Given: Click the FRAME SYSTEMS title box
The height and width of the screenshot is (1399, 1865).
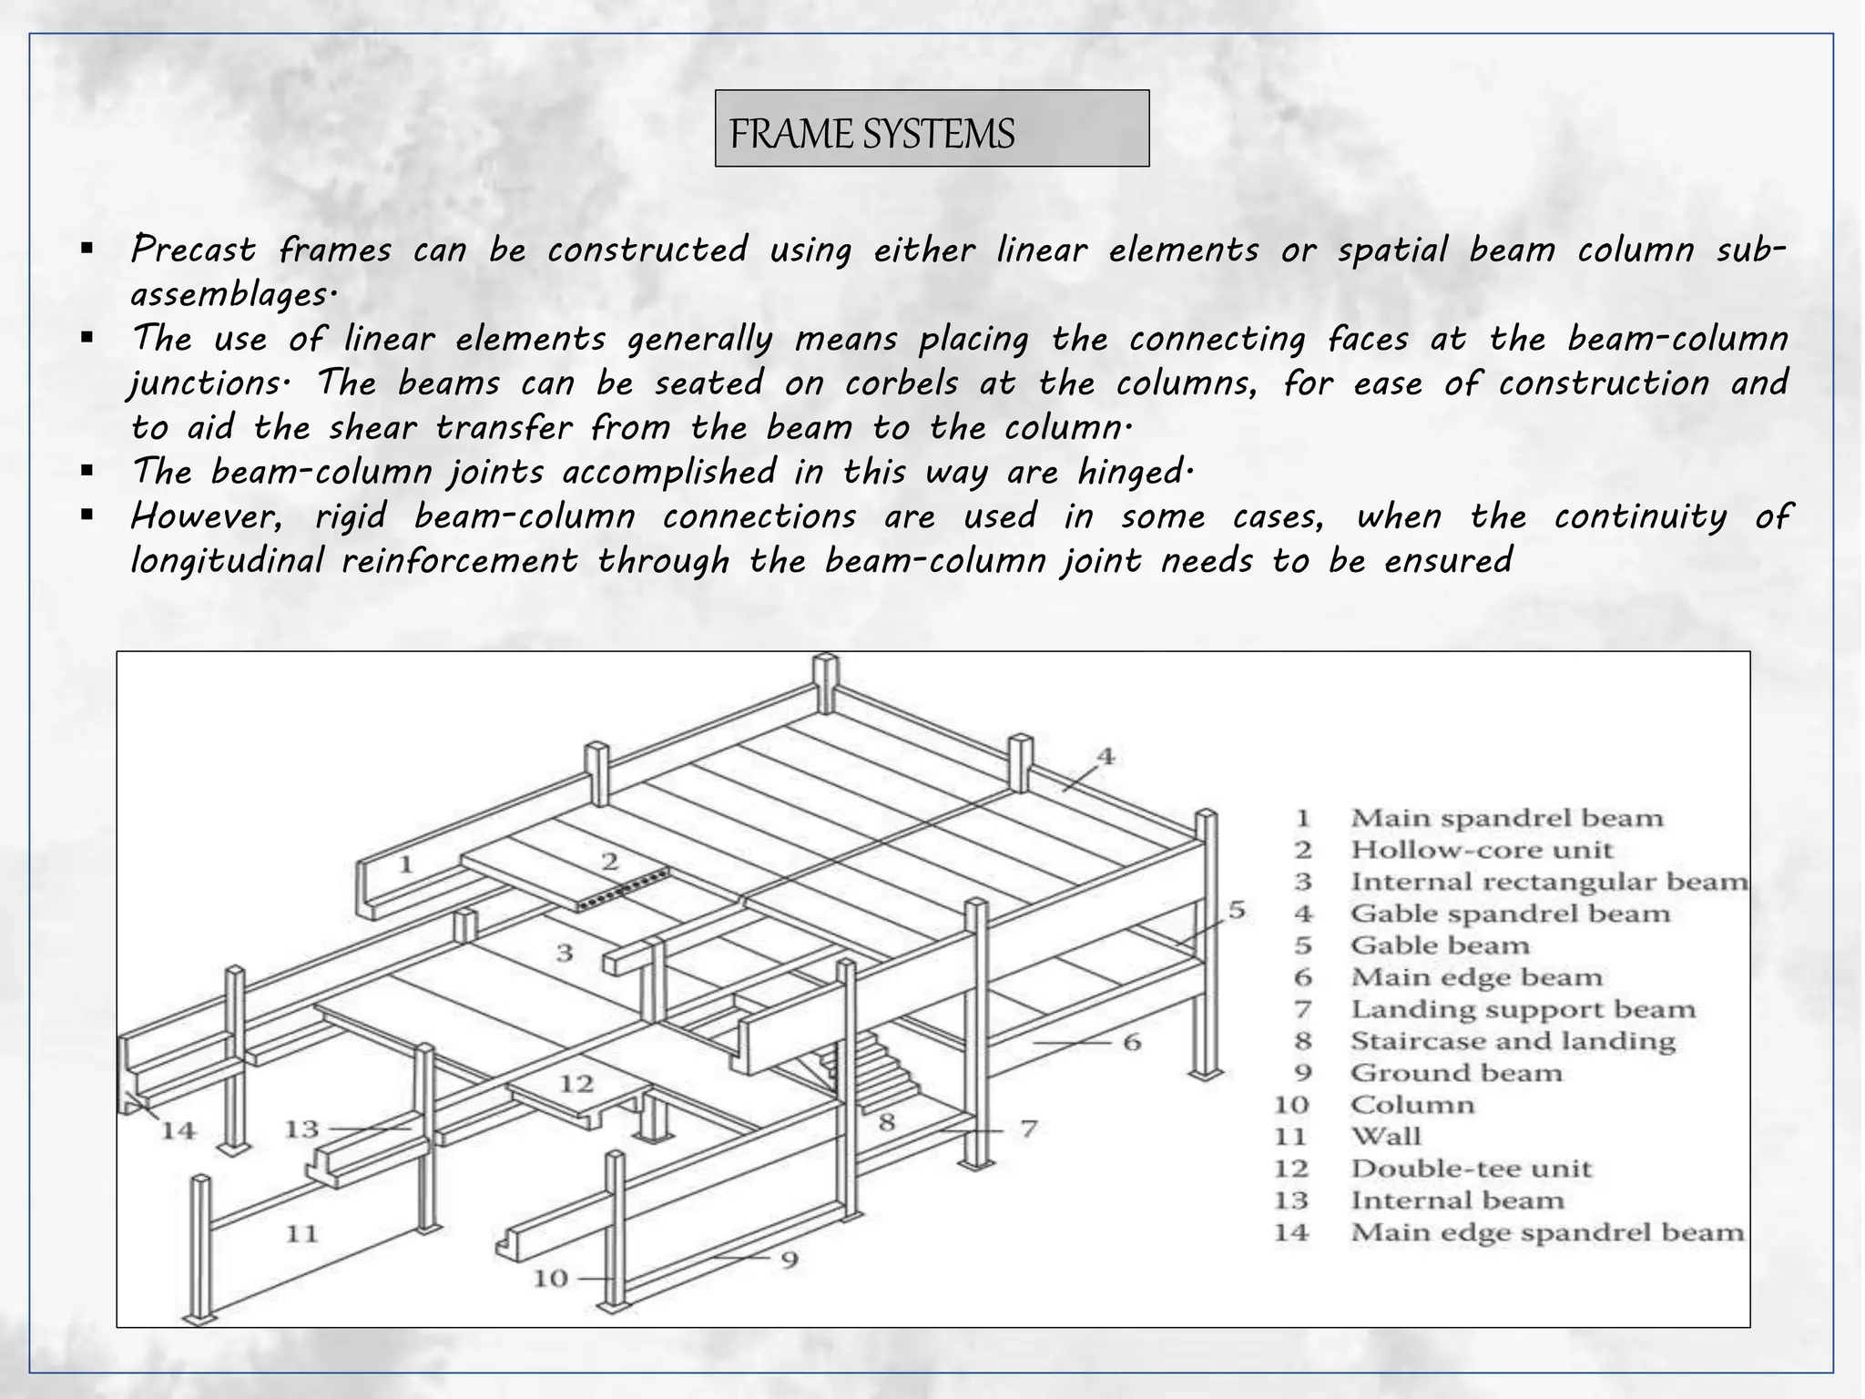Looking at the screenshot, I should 932,128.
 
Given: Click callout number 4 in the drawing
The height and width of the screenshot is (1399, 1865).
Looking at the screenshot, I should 1105,756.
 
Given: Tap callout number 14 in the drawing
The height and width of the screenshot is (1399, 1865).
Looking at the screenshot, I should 178,1130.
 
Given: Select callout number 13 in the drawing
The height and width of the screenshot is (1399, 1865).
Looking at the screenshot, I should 301,1128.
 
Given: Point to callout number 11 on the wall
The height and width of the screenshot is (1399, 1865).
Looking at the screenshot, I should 302,1233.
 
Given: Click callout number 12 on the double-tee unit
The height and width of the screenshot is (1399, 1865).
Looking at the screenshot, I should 576,1083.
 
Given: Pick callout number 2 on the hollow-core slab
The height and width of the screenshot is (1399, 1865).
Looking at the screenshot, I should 609,861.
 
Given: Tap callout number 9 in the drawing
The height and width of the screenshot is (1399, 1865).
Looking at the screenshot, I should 790,1260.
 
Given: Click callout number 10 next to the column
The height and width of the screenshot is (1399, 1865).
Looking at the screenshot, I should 550,1278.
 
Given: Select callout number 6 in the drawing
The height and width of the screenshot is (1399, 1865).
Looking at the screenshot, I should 1131,1041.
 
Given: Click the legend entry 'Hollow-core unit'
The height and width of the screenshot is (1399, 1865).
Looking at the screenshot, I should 1481,850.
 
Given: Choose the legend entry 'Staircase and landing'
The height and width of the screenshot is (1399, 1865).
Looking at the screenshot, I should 1512,1041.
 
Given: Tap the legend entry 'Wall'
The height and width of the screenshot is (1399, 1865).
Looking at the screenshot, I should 1385,1136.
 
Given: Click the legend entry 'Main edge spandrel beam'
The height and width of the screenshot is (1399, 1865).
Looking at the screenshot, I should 1546,1232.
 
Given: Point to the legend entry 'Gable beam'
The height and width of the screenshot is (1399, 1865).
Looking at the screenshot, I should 1439,945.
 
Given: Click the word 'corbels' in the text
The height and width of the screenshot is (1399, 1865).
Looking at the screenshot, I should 902,383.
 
